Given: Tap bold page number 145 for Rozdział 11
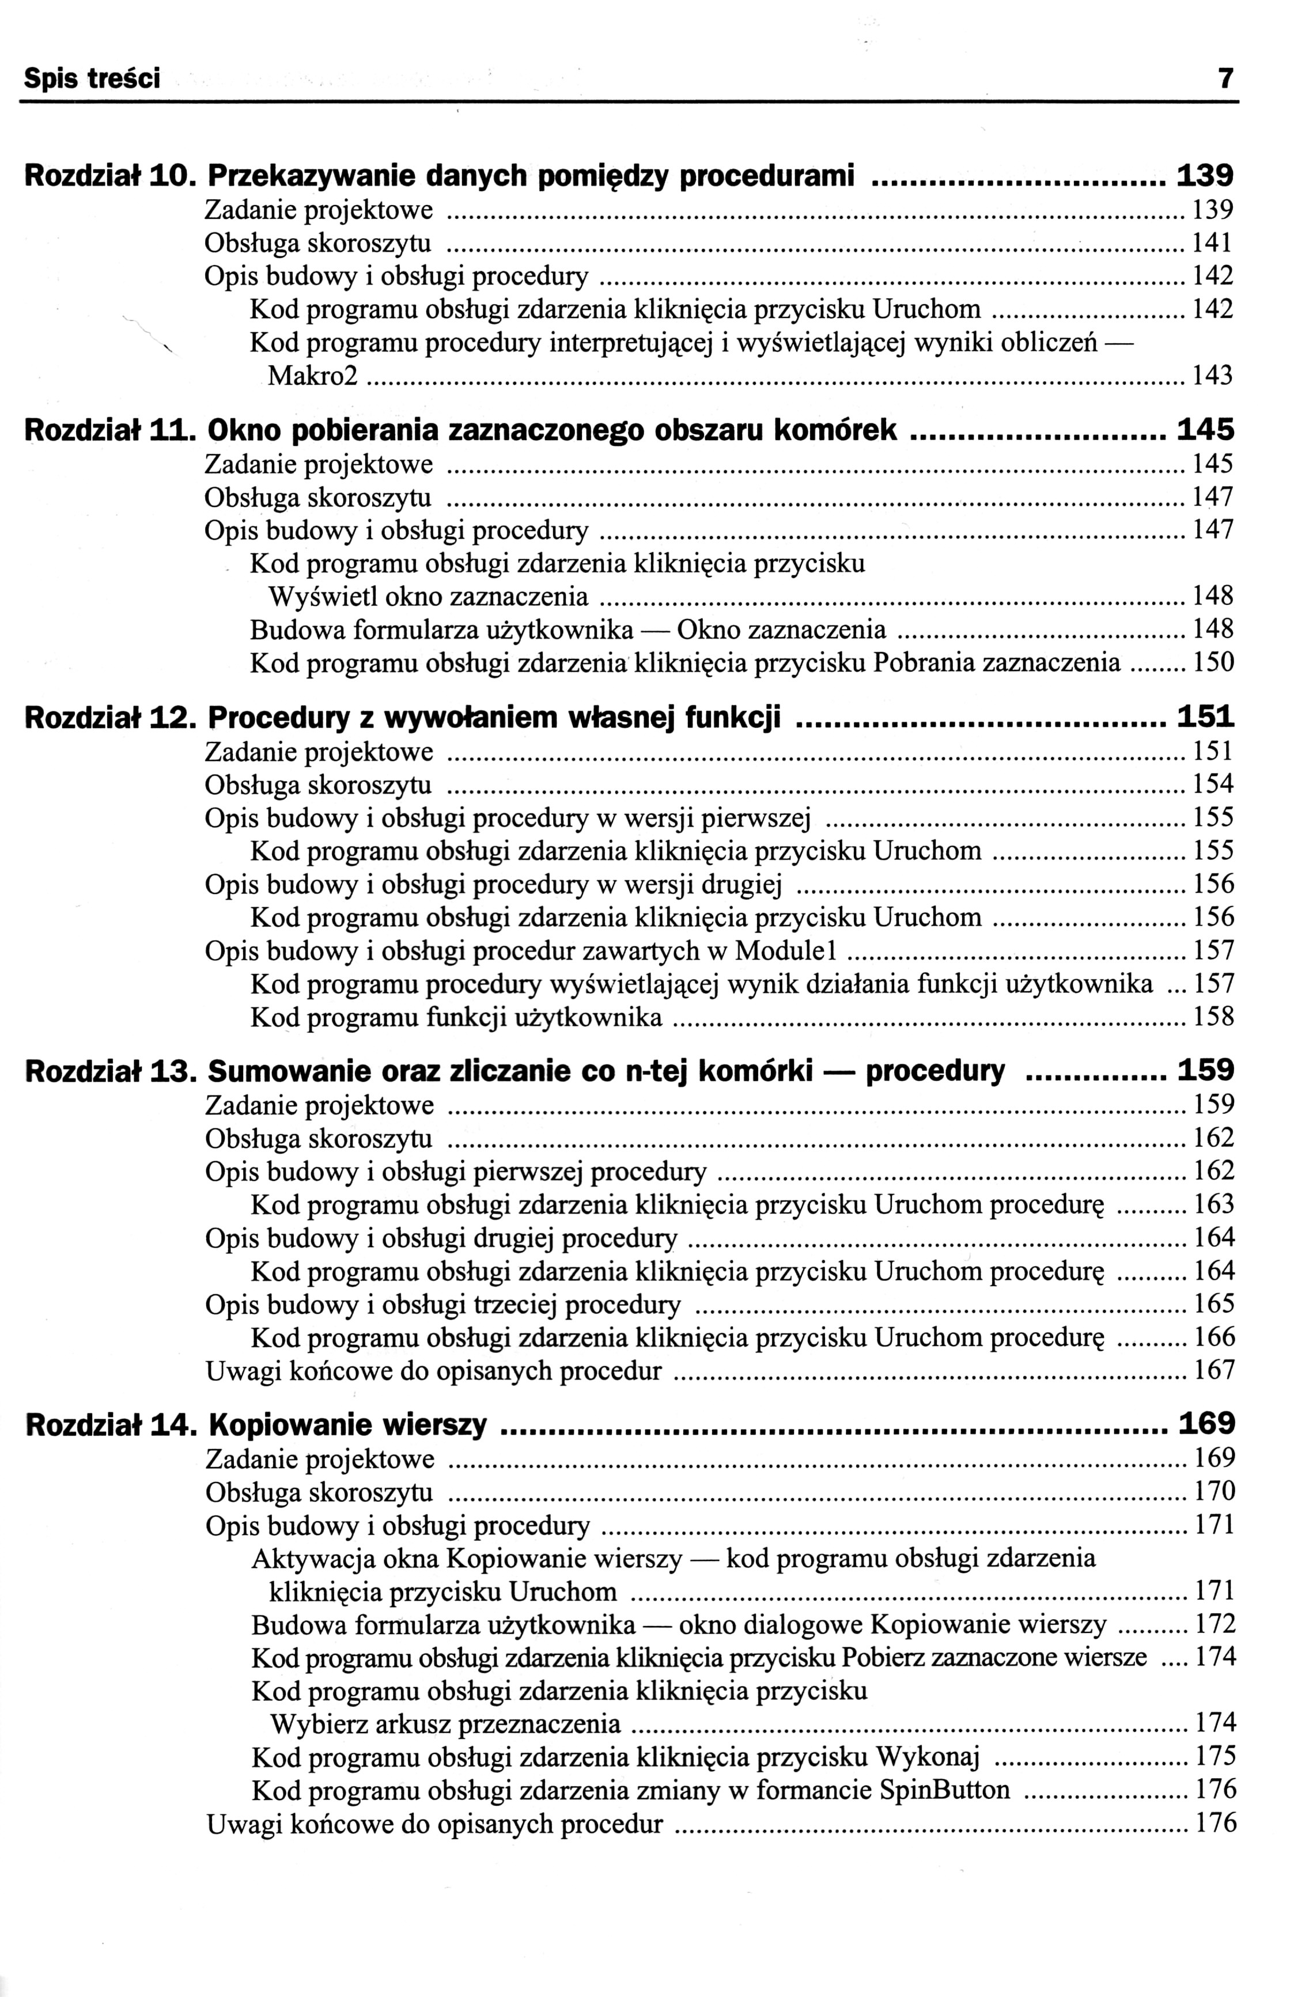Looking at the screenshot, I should (x=1206, y=430).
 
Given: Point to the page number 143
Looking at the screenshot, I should (x=1213, y=375).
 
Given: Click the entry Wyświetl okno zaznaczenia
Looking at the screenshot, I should (x=428, y=597).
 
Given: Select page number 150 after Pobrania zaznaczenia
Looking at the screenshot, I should (x=1213, y=663).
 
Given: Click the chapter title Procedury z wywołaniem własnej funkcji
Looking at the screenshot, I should (x=494, y=717).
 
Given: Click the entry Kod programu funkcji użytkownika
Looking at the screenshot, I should (x=456, y=1018).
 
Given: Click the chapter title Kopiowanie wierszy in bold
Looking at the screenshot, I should (x=347, y=1426).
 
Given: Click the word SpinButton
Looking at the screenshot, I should (x=945, y=1791).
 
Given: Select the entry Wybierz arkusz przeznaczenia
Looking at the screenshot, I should (x=445, y=1725).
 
